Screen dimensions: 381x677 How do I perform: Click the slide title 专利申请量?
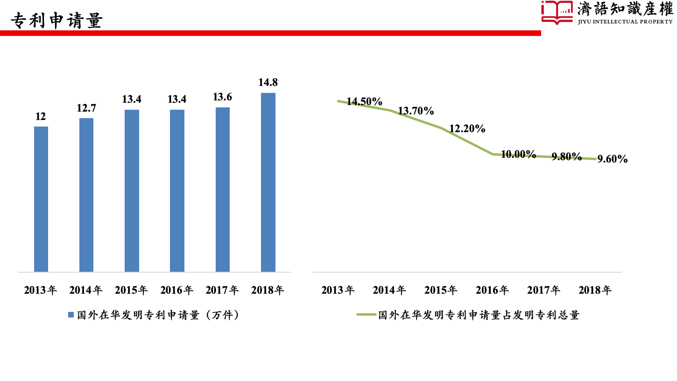[x=56, y=21]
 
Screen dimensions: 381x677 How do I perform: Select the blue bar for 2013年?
[x=41, y=199]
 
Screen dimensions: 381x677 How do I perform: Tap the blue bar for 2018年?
[x=268, y=182]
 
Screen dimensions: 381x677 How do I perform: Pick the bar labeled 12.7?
[x=86, y=195]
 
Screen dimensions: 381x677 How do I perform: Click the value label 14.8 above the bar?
[x=268, y=83]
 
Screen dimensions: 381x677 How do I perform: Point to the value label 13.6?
[x=223, y=97]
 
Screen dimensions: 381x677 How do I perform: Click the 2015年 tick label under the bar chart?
[x=132, y=290]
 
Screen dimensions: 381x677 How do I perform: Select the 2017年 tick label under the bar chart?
[x=222, y=290]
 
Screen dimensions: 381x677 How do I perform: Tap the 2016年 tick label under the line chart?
[x=492, y=290]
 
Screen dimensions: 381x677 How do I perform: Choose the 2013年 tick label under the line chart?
[x=338, y=290]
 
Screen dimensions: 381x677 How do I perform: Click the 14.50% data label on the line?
[x=365, y=102]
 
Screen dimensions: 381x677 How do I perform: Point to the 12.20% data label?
[x=467, y=129]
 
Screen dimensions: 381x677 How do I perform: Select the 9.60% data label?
[x=613, y=159]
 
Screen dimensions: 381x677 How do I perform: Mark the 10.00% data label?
[x=518, y=155]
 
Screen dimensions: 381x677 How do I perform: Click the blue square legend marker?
[x=71, y=315]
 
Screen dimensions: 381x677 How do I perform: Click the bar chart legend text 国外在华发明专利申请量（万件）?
[x=158, y=315]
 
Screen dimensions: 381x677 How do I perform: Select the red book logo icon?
[x=557, y=13]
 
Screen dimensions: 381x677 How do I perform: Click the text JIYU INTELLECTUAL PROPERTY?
[x=625, y=21]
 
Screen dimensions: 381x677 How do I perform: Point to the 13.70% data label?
[x=416, y=111]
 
